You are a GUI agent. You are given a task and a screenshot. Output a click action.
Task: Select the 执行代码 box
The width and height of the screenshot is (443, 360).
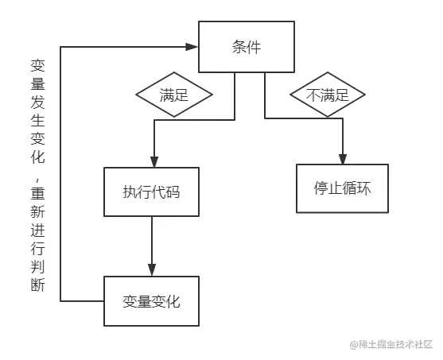tap(151, 192)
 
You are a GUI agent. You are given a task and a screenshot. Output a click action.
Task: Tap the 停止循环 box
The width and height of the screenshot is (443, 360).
tap(343, 189)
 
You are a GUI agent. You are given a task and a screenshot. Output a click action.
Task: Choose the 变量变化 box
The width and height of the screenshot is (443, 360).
tap(151, 301)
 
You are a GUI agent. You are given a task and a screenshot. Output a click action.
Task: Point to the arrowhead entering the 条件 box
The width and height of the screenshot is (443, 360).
tap(192, 47)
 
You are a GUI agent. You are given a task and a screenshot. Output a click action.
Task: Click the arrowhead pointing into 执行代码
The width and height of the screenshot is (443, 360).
tap(151, 162)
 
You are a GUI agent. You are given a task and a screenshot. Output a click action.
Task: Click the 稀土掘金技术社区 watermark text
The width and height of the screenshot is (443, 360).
tap(397, 345)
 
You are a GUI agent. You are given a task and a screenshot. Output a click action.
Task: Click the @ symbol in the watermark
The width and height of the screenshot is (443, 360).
tap(355, 345)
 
